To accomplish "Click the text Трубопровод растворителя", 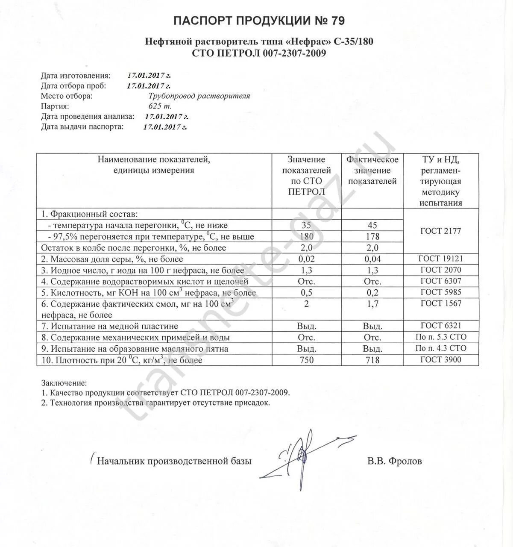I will (199, 96).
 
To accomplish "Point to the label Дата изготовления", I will (76, 76).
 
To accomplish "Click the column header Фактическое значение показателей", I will (372, 171).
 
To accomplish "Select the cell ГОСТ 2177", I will (440, 231).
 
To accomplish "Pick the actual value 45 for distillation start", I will (372, 225).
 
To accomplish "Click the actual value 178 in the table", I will (372, 236).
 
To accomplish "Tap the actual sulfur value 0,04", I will (372, 259).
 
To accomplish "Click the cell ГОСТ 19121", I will (441, 259).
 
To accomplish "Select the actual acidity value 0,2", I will (372, 293).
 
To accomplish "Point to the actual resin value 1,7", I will (372, 304).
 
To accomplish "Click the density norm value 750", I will (306, 360).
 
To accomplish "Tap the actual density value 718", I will (372, 360).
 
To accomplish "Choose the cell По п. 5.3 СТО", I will (441, 337).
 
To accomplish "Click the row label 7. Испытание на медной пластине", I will (110, 326).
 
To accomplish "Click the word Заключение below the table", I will (64, 382).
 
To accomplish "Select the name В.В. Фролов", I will (394, 461).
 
